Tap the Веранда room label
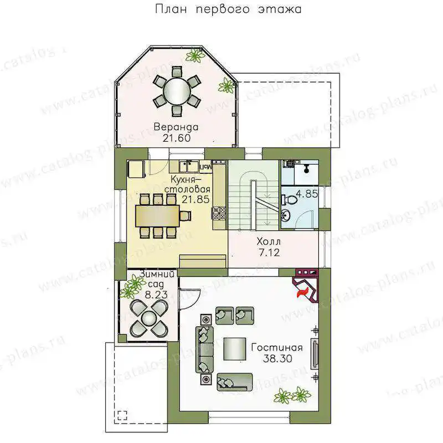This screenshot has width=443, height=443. click(176, 127)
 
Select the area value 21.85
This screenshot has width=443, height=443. click(195, 199)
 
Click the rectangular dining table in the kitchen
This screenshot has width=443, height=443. click(157, 216)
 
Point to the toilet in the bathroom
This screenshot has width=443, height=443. click(289, 200)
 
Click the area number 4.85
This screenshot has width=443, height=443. click(307, 194)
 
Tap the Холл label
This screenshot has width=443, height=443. click(269, 241)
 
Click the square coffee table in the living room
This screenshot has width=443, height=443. click(235, 349)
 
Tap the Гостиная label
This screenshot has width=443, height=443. click(277, 347)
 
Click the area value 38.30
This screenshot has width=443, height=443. click(278, 358)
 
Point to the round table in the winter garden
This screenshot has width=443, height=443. click(149, 318)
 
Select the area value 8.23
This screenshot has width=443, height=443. click(156, 295)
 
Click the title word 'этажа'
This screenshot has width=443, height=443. click(280, 9)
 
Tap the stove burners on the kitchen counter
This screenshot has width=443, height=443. click(219, 213)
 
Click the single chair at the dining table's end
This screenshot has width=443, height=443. click(186, 216)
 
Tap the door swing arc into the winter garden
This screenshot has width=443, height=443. click(195, 298)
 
